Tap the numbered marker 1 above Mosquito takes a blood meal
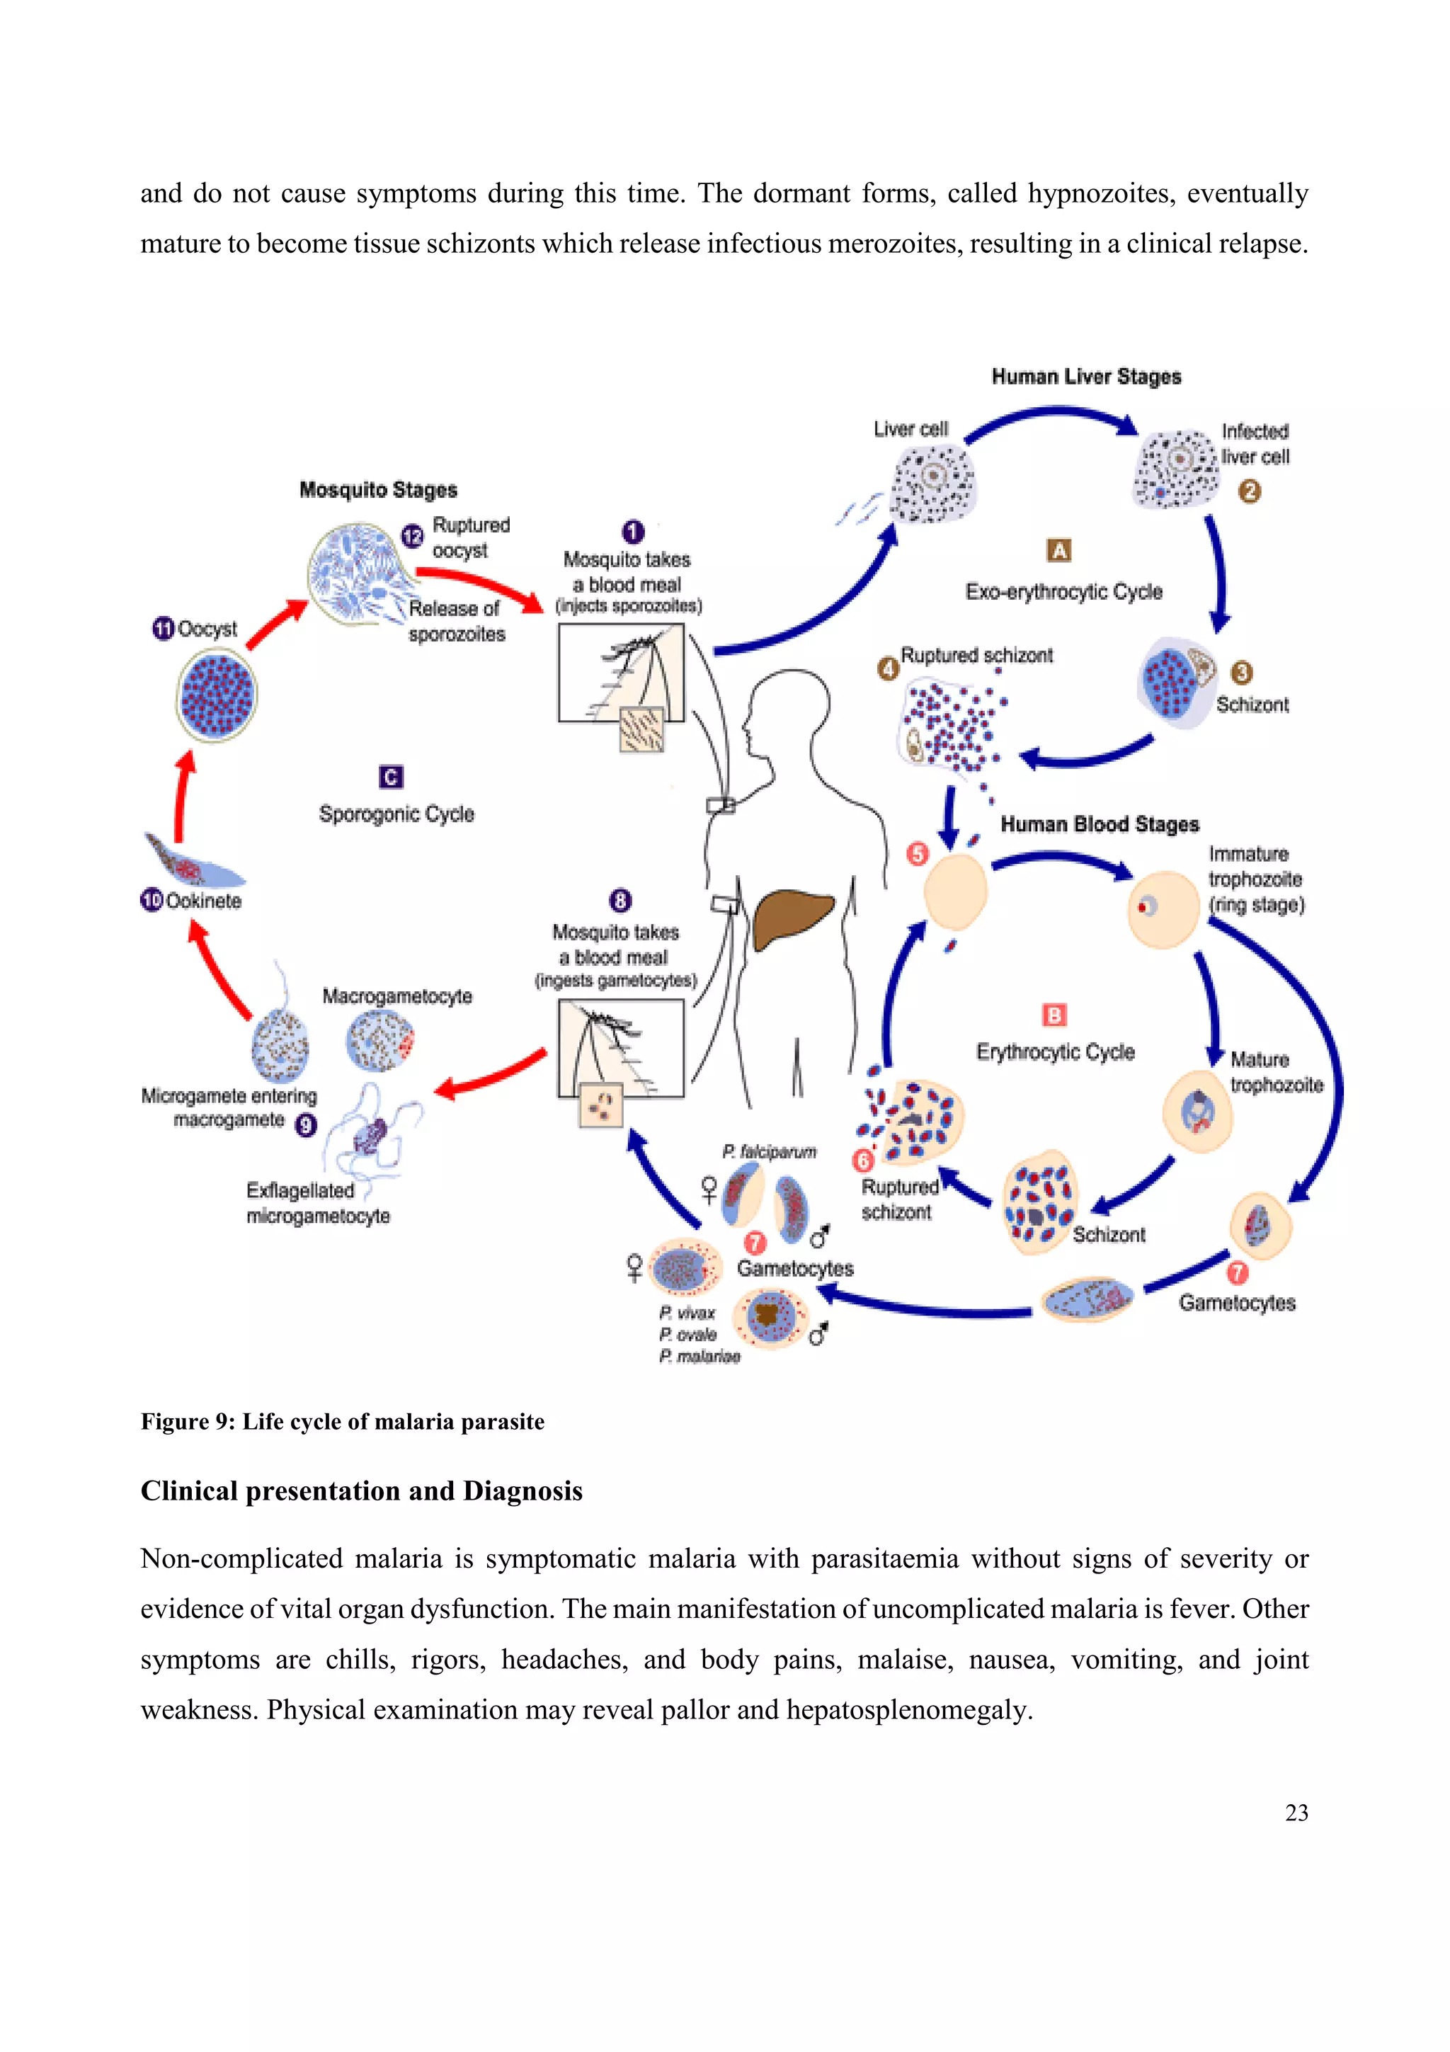click(632, 532)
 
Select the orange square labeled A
click(1058, 551)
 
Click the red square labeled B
click(1054, 1015)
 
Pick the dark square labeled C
click(390, 777)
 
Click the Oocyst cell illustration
click(216, 695)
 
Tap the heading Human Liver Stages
click(1085, 376)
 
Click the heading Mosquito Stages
click(378, 490)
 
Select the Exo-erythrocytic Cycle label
click(1063, 592)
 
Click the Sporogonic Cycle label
click(396, 814)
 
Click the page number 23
click(1296, 1813)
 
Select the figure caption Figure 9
click(342, 1422)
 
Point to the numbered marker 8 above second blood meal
click(620, 900)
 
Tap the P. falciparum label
click(769, 1152)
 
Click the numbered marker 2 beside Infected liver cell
click(1249, 491)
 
